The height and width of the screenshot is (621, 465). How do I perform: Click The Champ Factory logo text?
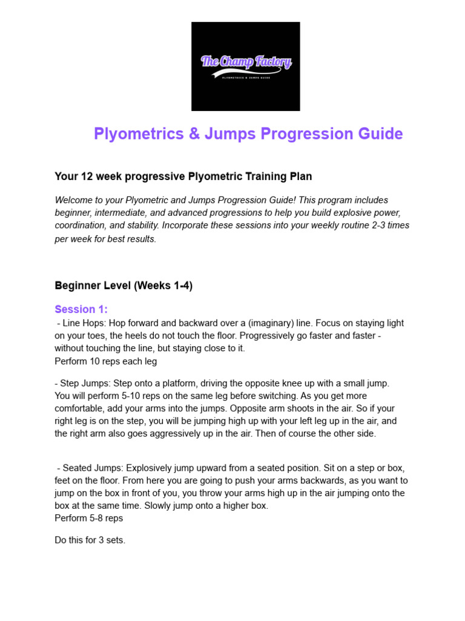coord(246,61)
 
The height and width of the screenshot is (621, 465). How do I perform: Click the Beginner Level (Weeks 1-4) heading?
coord(124,286)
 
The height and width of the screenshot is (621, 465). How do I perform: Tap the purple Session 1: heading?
coord(81,309)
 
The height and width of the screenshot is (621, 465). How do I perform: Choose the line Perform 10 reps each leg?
coord(106,361)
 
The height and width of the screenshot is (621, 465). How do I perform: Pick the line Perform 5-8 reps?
coord(90,518)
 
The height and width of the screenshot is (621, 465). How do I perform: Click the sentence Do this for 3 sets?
coord(90,540)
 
